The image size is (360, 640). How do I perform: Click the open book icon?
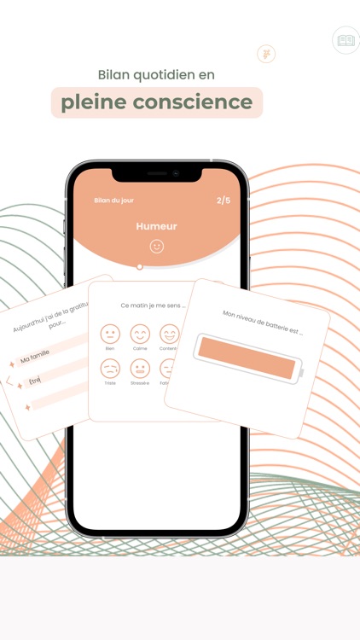point(345,40)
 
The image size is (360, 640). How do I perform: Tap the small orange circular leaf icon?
point(266,54)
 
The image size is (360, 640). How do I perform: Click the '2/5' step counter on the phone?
point(224,201)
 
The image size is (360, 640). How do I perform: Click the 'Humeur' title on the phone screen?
point(156,226)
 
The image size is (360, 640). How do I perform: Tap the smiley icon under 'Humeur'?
point(156,247)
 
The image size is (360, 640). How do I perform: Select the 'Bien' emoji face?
point(110,334)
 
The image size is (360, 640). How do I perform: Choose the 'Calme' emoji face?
point(140,334)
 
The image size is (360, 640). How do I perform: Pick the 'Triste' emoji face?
point(110,369)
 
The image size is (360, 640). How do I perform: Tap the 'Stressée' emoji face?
point(140,369)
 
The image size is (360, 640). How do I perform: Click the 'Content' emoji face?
point(169,334)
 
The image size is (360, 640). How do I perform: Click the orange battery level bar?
point(247,358)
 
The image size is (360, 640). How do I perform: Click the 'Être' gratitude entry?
point(34,381)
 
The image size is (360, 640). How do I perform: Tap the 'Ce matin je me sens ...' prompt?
point(154,305)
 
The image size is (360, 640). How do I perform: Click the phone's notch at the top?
point(157,173)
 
